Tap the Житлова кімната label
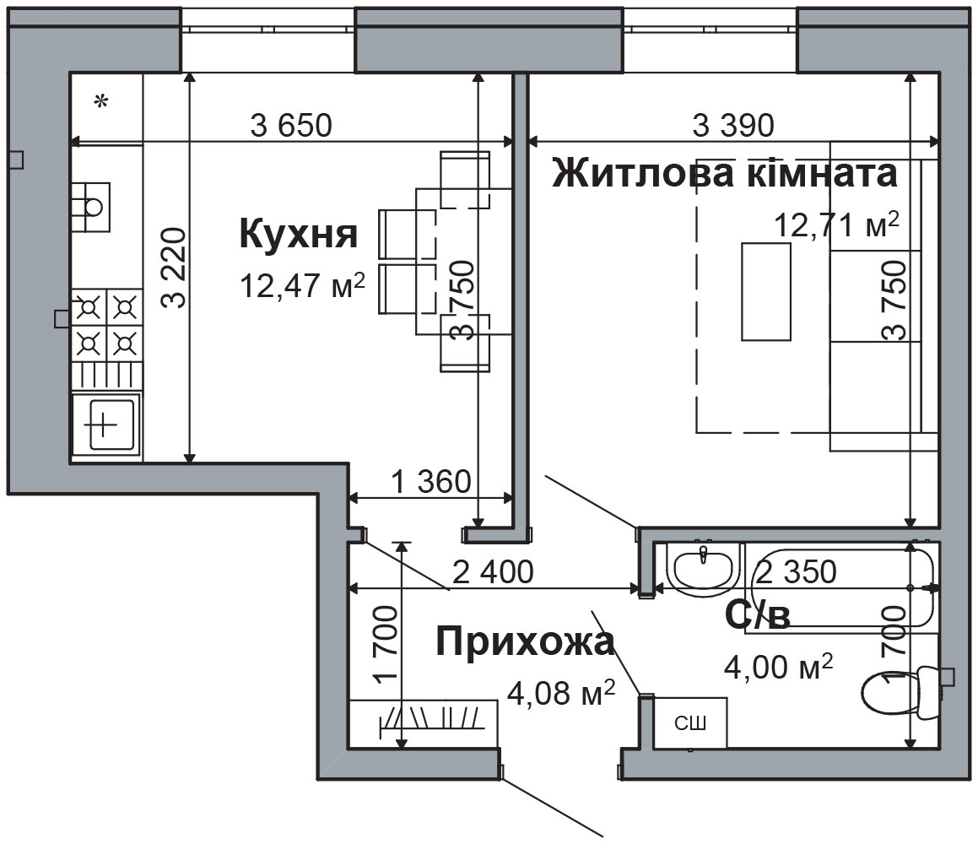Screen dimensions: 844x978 click(x=723, y=174)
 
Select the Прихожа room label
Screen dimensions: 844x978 click(x=524, y=642)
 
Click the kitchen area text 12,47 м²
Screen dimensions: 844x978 click(x=302, y=285)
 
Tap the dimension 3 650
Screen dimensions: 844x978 click(x=292, y=126)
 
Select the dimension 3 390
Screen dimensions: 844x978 click(x=732, y=126)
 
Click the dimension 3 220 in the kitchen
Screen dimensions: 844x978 click(x=174, y=268)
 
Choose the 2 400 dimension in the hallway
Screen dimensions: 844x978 click(x=493, y=572)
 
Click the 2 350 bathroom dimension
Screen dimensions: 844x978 click(x=796, y=571)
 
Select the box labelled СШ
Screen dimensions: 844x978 click(x=689, y=722)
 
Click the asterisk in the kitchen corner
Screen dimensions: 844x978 click(x=101, y=102)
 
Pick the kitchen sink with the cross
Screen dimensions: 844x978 click(x=105, y=424)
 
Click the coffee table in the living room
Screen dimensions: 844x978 click(x=765, y=290)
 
